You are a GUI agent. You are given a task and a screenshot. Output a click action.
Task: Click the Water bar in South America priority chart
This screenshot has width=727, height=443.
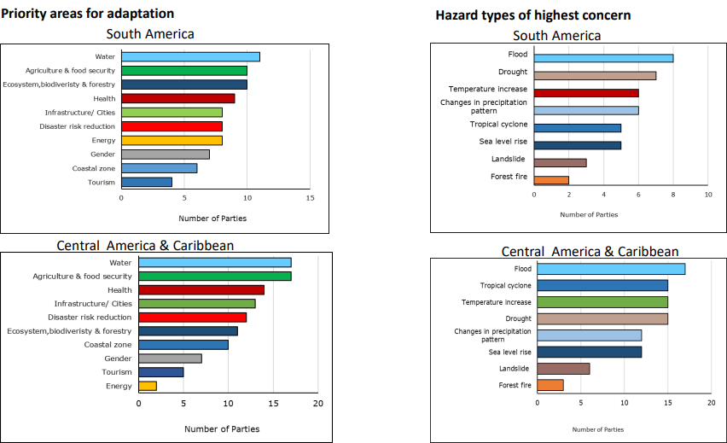pos(190,56)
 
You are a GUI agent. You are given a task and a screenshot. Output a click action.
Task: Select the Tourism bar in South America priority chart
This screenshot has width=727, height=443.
pos(147,182)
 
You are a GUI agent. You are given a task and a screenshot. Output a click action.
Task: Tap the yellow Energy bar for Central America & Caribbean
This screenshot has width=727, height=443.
pos(148,386)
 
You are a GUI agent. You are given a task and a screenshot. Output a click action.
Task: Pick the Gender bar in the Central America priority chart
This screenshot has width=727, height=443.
pos(170,358)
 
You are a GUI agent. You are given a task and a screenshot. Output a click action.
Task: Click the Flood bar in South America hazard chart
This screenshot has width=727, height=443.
pos(603,58)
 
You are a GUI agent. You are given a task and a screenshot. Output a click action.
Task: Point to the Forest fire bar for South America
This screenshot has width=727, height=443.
pos(551,180)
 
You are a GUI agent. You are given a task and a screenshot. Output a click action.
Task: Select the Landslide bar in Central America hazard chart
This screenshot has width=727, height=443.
pos(563,369)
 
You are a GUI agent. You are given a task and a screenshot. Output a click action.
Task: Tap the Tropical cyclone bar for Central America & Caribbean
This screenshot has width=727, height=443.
pos(602,285)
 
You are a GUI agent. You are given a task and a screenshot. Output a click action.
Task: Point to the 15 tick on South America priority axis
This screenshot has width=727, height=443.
pos(310,198)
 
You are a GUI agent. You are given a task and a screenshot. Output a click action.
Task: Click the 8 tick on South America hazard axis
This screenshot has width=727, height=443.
pos(673,195)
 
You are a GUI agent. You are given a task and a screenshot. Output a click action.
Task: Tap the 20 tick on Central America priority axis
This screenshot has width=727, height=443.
pos(318,404)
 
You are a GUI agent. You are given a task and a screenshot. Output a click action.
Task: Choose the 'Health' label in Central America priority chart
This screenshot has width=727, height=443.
pos(119,290)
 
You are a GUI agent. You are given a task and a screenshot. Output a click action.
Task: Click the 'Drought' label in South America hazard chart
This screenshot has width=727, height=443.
pos(513,73)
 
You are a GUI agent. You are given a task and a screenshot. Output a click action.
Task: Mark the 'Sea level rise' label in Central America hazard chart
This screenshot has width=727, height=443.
pos(509,352)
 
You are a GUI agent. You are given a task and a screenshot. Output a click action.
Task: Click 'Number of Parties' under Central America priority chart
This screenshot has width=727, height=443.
pos(222,428)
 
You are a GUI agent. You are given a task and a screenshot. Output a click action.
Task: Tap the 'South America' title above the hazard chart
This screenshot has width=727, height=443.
pos(556,35)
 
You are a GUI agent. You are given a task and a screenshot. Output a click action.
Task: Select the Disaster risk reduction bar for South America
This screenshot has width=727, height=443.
pos(172,126)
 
